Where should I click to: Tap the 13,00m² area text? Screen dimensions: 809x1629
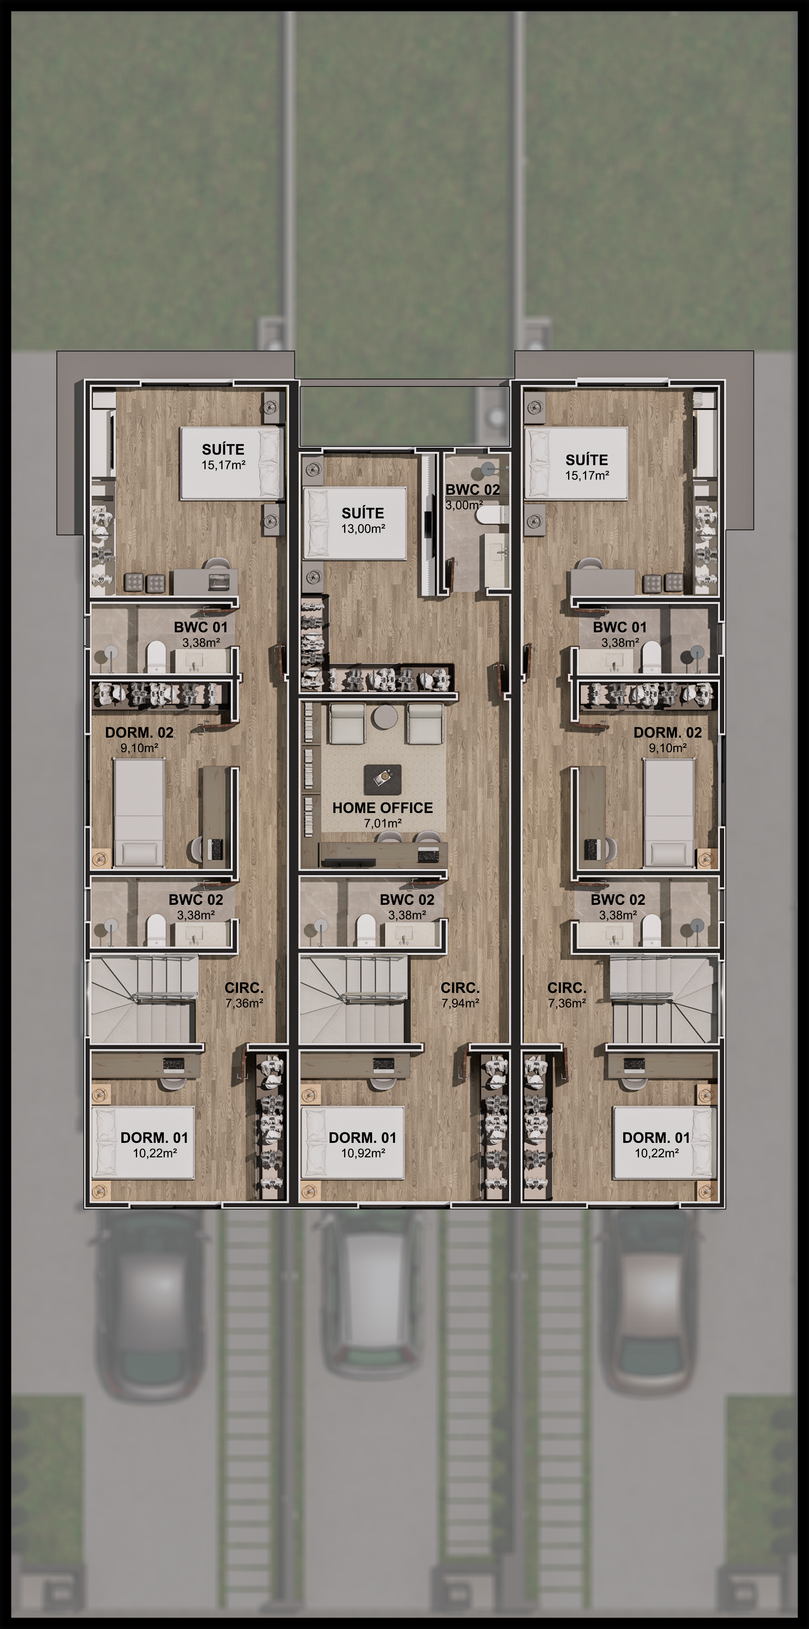(x=363, y=529)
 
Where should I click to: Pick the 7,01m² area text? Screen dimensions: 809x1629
(x=383, y=823)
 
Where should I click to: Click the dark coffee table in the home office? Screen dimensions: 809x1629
(x=382, y=780)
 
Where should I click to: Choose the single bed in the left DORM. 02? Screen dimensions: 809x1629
(x=139, y=813)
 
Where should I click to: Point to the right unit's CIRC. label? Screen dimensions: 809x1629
(x=567, y=988)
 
